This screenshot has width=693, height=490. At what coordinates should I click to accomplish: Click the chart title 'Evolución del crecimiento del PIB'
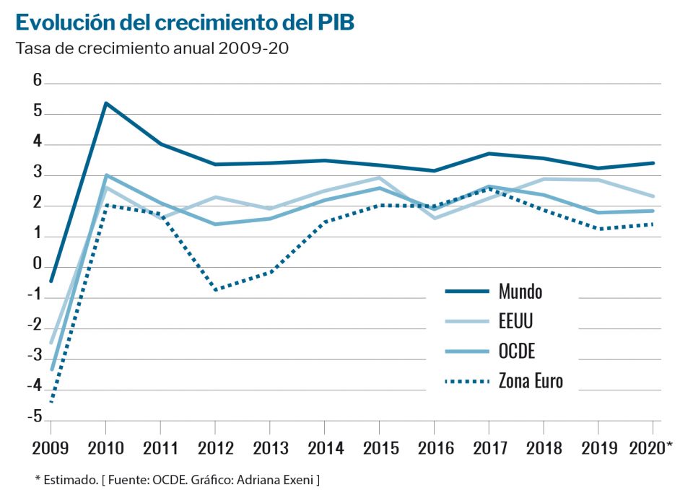coord(185,23)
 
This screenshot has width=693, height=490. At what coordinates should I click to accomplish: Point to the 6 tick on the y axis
coord(38,81)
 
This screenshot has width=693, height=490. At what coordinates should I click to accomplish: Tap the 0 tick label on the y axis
coord(38,265)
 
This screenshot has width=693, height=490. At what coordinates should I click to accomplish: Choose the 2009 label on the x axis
coord(51,448)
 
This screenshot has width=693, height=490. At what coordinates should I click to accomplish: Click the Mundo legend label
coord(520,292)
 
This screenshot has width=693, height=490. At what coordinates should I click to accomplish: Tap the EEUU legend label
coord(517,322)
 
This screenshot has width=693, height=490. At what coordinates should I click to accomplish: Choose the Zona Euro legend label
coord(531,381)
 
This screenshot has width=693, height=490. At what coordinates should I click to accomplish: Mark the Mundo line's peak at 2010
coord(105,103)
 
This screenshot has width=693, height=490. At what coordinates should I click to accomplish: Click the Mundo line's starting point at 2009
coord(51,281)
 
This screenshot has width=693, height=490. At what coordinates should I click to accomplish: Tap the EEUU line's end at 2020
coord(653,196)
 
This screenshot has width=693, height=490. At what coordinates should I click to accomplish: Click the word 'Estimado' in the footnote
coord(65,479)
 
